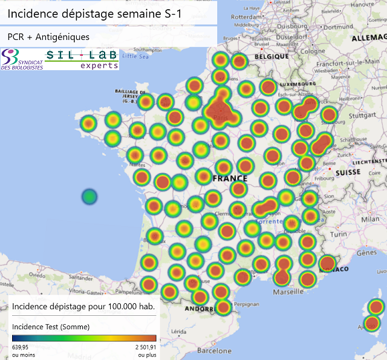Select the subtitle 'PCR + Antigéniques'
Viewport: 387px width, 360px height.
[48, 37]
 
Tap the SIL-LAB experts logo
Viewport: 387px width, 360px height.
[82, 59]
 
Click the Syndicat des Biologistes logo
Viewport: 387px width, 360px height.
[22, 60]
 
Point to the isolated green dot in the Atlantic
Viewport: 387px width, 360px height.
[89, 197]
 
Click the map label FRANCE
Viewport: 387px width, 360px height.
[230, 178]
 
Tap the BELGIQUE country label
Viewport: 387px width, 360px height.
[272, 56]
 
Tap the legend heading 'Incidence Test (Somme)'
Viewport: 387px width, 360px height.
[51, 327]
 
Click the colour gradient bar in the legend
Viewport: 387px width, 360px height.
[84, 338]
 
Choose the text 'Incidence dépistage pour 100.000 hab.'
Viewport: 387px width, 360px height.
[83, 306]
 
